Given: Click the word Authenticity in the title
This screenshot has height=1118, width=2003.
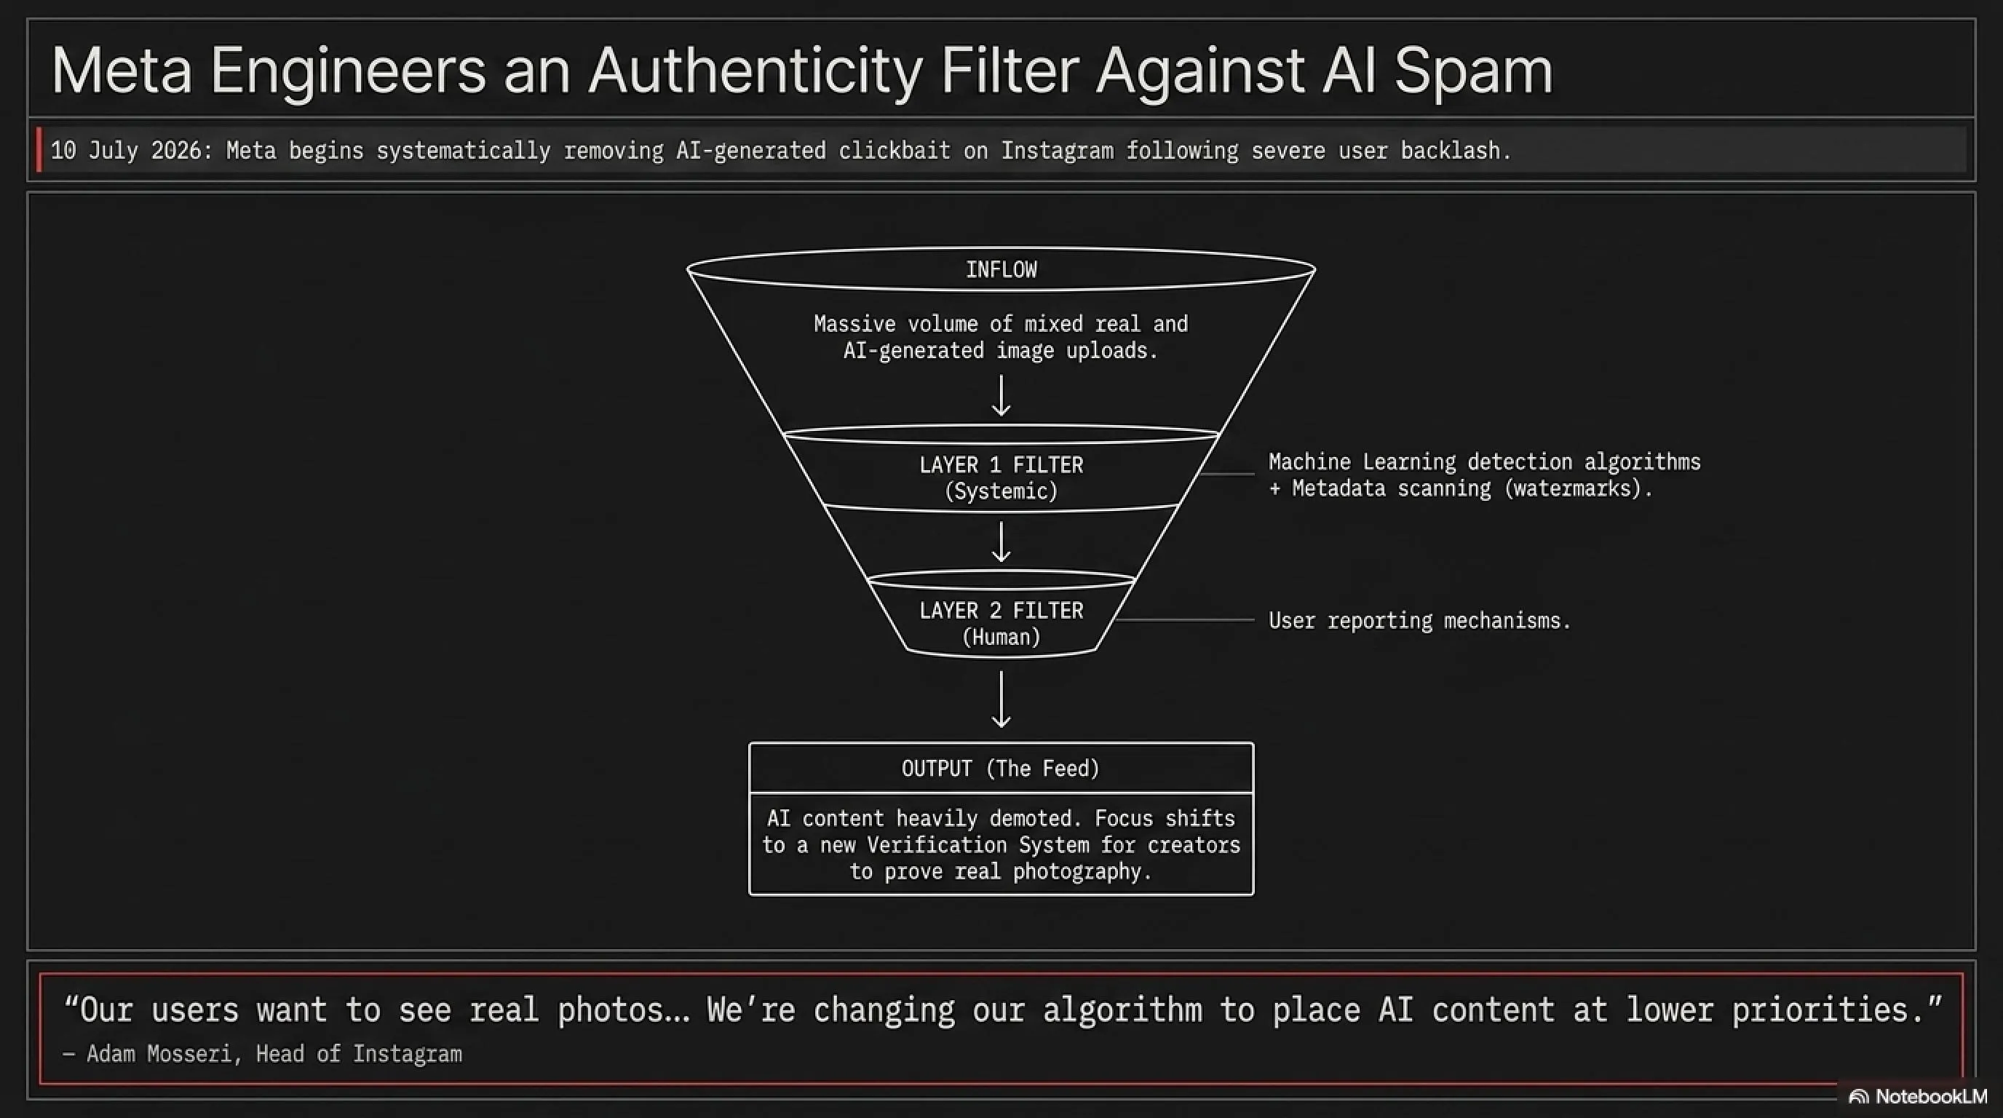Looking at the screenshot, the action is pos(755,71).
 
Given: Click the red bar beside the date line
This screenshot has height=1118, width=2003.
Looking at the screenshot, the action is pos(39,150).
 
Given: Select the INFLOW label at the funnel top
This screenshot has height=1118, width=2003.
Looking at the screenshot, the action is pos(1001,270).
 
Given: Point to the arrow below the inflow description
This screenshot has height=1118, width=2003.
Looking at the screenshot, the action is pos(1001,396).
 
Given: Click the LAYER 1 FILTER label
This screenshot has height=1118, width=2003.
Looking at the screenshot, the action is pos(1001,465).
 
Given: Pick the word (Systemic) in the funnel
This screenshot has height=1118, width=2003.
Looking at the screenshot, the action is pos(1001,491).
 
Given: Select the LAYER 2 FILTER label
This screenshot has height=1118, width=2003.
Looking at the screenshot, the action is pos(1001,610).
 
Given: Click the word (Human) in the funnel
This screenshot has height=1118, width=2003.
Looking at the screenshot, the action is pos(1001,638).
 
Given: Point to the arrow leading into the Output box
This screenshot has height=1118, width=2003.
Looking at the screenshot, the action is pos(1001,699).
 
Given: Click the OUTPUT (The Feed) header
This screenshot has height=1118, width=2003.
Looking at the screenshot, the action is pos(1001,768).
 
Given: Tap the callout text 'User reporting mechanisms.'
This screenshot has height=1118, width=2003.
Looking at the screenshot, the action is pos(1420,620).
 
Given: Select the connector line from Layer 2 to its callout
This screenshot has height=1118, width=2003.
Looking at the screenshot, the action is pos(1184,620).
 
